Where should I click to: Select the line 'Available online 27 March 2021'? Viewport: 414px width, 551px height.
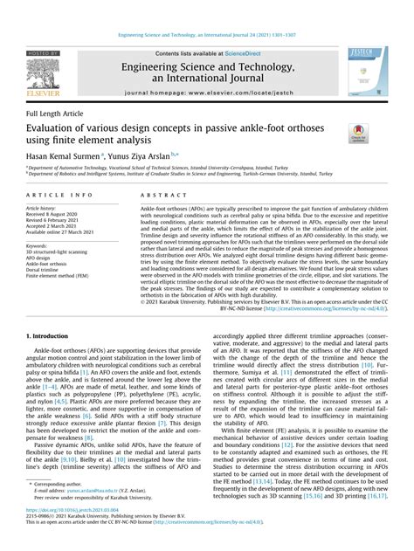click(64, 233)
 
